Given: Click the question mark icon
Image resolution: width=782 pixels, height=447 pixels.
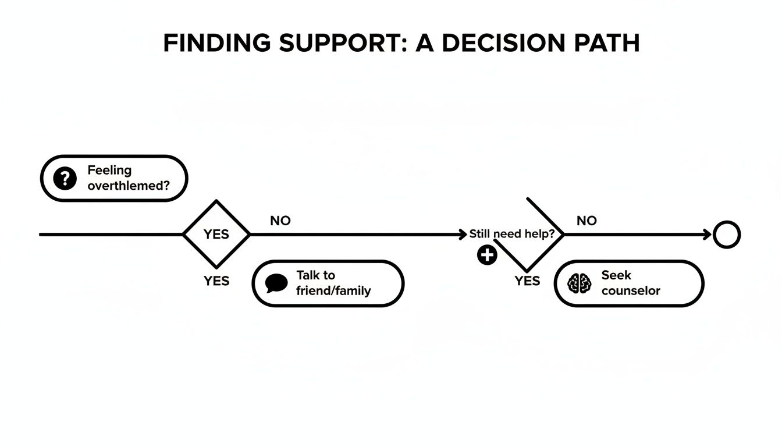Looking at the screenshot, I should tap(65, 178).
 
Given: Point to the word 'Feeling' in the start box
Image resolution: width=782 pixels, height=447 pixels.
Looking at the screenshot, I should tap(109, 171).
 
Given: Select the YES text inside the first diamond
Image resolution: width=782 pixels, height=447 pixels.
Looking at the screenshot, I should tap(216, 235).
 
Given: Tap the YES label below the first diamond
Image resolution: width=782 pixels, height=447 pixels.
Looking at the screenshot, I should tap(216, 281).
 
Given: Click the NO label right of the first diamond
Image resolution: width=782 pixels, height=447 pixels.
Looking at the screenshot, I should tap(280, 221).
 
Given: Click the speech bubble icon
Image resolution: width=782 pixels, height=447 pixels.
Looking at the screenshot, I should tap(276, 283).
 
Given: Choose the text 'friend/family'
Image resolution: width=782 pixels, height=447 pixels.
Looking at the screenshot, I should tap(333, 291).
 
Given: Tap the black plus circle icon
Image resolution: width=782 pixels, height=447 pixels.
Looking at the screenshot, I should tap(487, 255).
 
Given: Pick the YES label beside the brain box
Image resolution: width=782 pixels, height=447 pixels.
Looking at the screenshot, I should tap(527, 281).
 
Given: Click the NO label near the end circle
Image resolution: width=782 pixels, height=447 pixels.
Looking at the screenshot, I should tap(586, 221).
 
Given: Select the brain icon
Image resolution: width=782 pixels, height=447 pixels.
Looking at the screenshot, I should tap(579, 283).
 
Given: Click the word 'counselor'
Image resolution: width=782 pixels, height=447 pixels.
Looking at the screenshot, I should tap(631, 291).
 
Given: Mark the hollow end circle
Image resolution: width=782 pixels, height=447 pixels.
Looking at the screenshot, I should tap(727, 235).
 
